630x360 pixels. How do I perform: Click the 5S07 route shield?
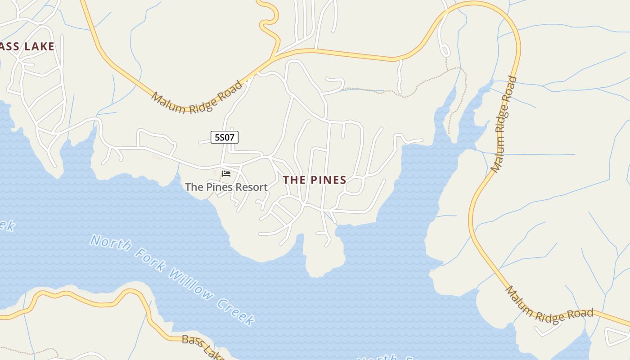pyautogui.click(x=225, y=137)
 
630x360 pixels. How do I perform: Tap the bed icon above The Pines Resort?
pyautogui.click(x=226, y=173)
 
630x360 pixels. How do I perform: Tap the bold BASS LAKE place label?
pyautogui.click(x=27, y=46)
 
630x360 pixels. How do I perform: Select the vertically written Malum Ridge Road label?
pyautogui.click(x=504, y=125)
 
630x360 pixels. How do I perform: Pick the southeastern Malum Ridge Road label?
pyautogui.click(x=549, y=306)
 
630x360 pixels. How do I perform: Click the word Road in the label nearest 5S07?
pyautogui.click(x=229, y=91)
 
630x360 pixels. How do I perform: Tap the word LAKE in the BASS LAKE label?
pyautogui.click(x=39, y=46)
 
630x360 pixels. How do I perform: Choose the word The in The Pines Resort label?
pyautogui.click(x=194, y=187)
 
